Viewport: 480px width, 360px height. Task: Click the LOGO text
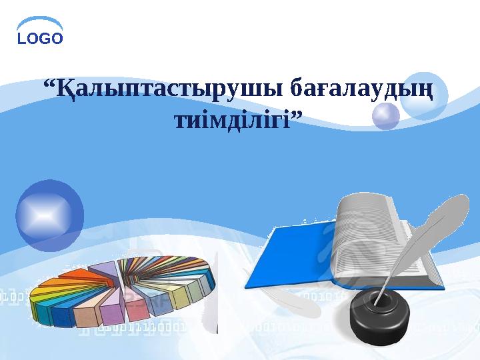pyautogui.click(x=40, y=39)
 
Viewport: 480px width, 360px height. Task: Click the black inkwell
pyautogui.click(x=379, y=314)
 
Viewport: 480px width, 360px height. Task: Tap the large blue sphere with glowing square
pyautogui.click(x=49, y=215)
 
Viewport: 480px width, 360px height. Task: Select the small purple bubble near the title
pyautogui.click(x=386, y=116)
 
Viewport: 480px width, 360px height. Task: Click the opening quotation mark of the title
pyautogui.click(x=49, y=83)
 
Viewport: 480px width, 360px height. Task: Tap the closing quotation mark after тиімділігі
pyautogui.click(x=296, y=116)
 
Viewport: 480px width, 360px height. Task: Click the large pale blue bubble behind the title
pyautogui.click(x=424, y=95)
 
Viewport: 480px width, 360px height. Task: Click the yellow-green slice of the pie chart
pyautogui.click(x=181, y=297)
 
